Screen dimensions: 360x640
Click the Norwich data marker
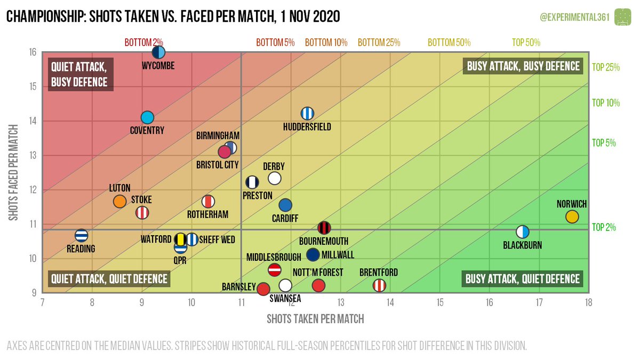point(572,217)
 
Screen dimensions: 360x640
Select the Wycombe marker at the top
point(158,52)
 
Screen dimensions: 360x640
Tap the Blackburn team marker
point(523,232)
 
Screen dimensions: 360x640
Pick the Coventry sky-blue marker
point(147,117)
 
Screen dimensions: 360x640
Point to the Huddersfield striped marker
point(307,114)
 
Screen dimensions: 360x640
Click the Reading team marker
point(81,235)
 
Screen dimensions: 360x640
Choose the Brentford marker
point(379,285)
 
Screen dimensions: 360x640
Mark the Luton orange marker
point(119,201)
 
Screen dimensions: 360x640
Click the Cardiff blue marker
point(285,205)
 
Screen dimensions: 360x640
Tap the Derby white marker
point(275,178)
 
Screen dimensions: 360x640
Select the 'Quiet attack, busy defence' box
point(79,75)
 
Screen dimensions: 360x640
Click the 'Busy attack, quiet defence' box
point(522,279)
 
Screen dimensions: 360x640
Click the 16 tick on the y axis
point(33,52)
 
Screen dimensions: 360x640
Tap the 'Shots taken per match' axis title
point(315,319)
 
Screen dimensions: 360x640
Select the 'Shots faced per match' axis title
point(14,173)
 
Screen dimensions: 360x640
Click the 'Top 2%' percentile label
point(604,227)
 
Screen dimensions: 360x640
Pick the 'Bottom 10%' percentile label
point(326,42)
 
